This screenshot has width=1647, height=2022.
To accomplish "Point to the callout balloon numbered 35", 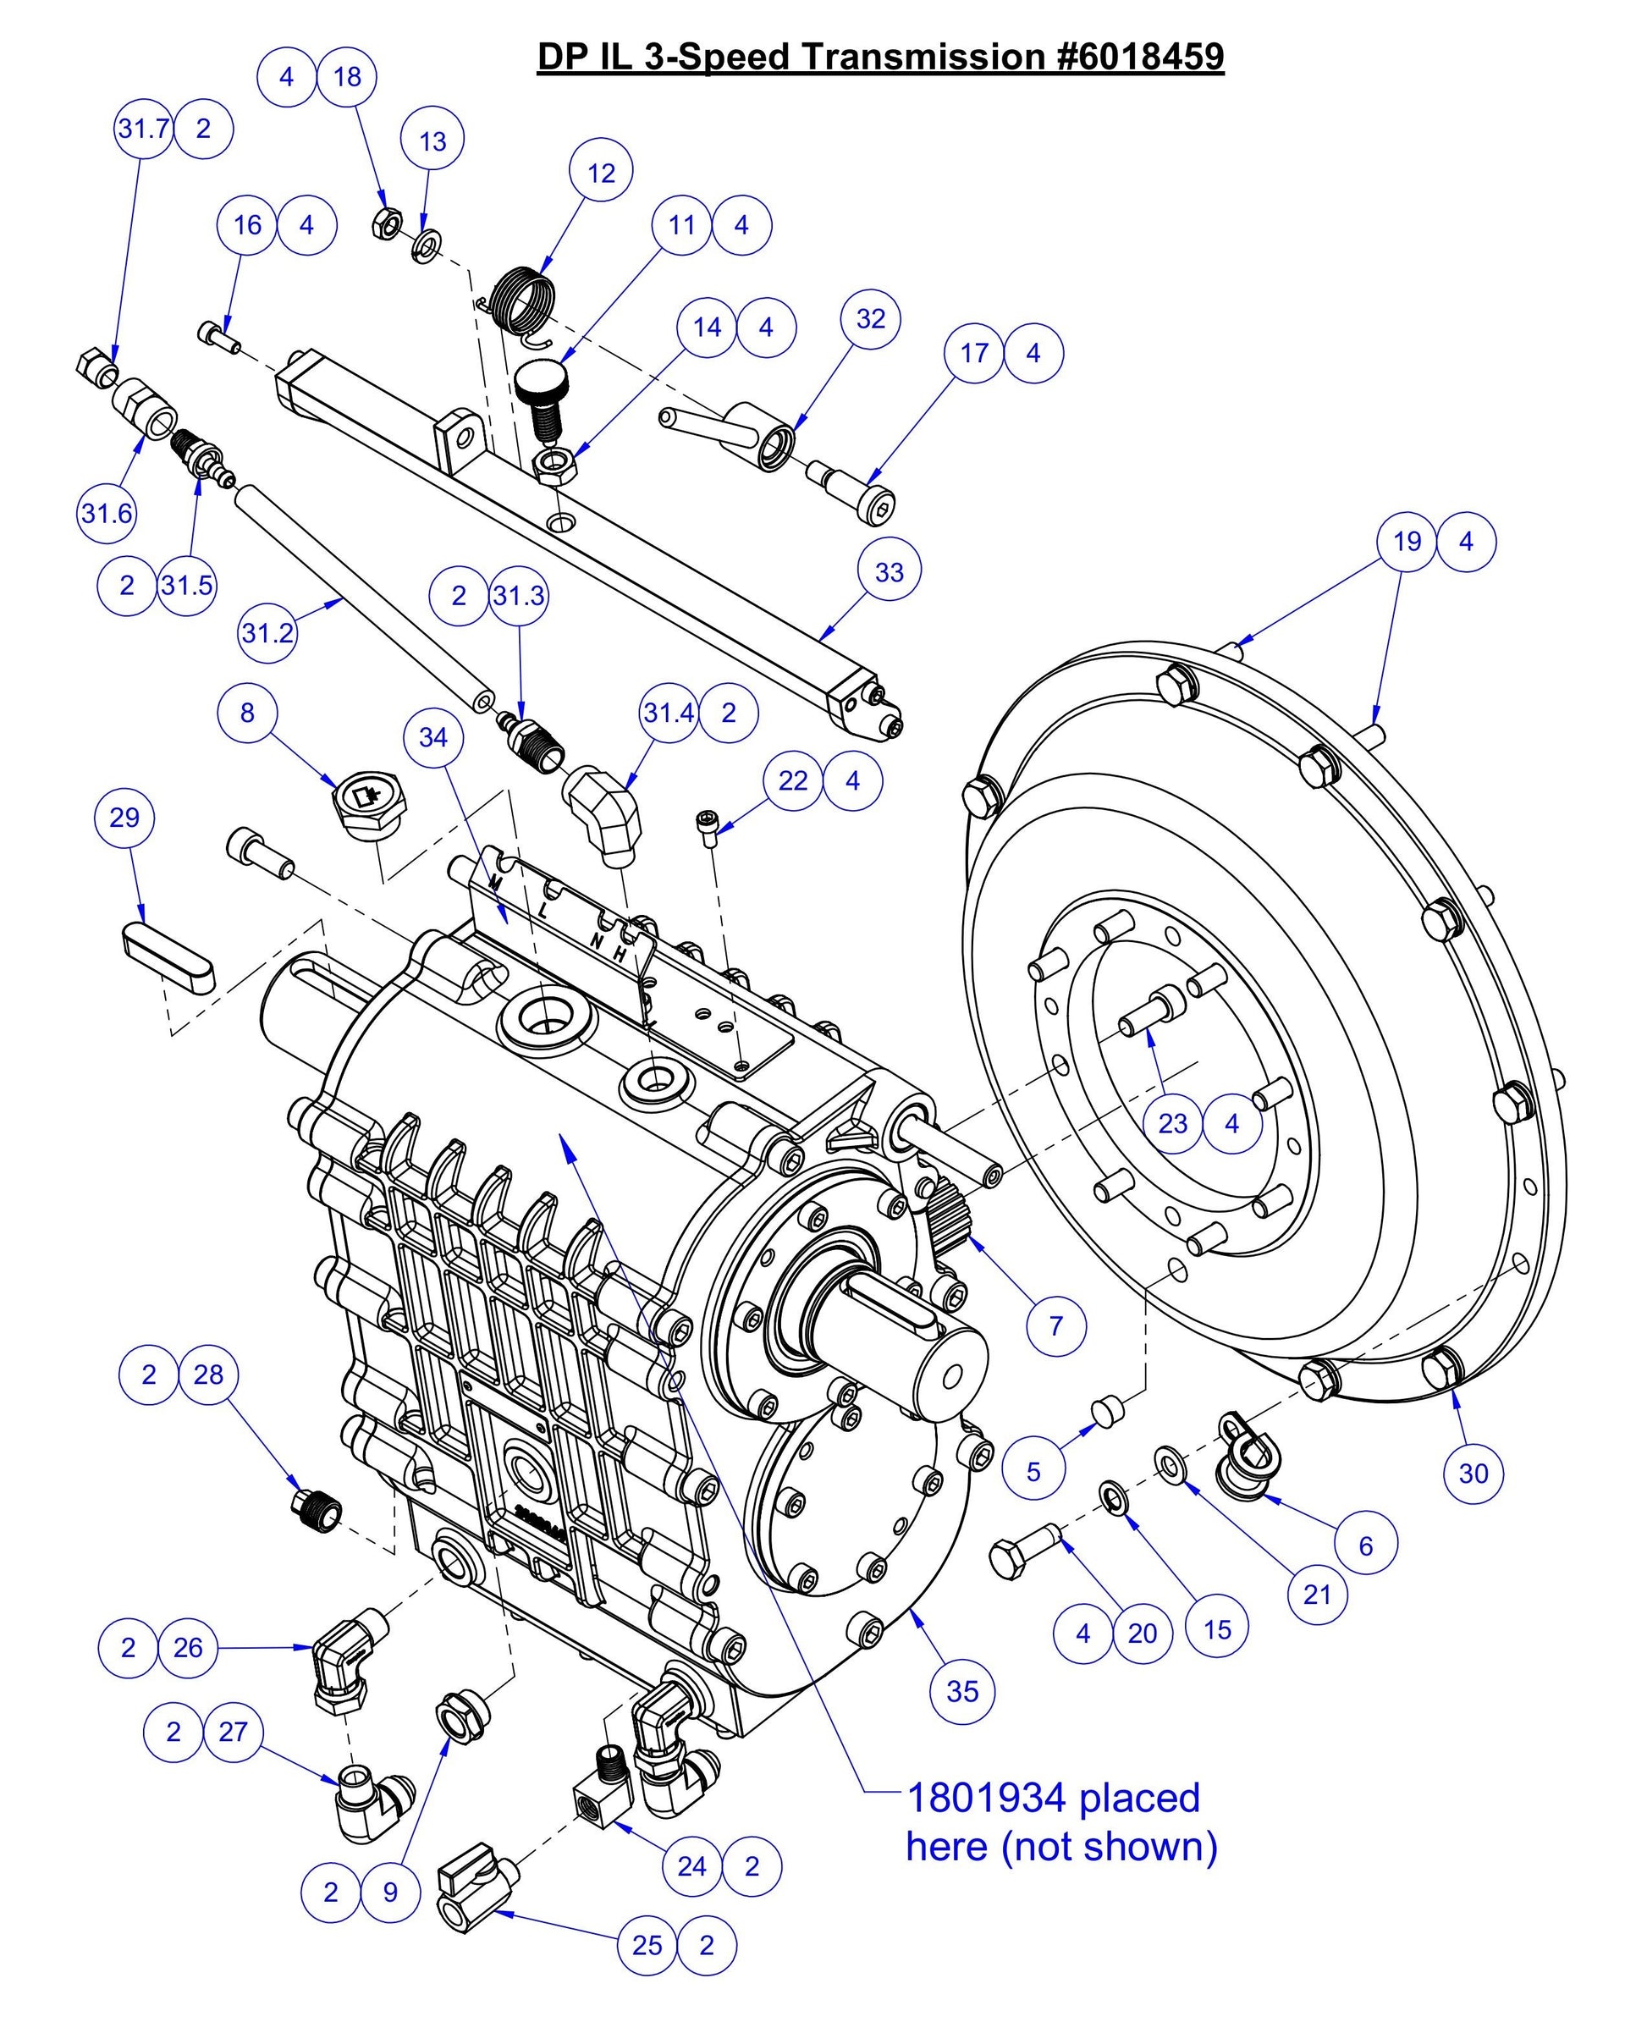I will (x=962, y=1691).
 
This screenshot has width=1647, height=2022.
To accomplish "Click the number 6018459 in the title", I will (x=1139, y=57).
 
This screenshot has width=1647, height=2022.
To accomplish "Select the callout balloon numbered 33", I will (x=889, y=571).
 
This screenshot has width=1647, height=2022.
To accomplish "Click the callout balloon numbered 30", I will (x=1473, y=1473).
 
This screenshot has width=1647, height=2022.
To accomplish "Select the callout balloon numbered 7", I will (x=1056, y=1325).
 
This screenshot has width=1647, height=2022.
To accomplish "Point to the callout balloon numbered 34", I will (x=432, y=736).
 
